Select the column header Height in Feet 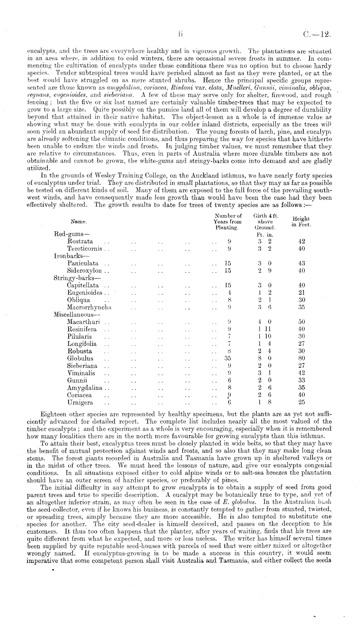[301, 222]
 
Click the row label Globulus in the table [80, 358]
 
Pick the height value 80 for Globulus [302, 358]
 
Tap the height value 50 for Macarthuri [302, 322]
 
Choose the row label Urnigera [80, 403]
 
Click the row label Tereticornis [85, 248]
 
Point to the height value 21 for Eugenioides [302, 292]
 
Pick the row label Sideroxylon [85, 270]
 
